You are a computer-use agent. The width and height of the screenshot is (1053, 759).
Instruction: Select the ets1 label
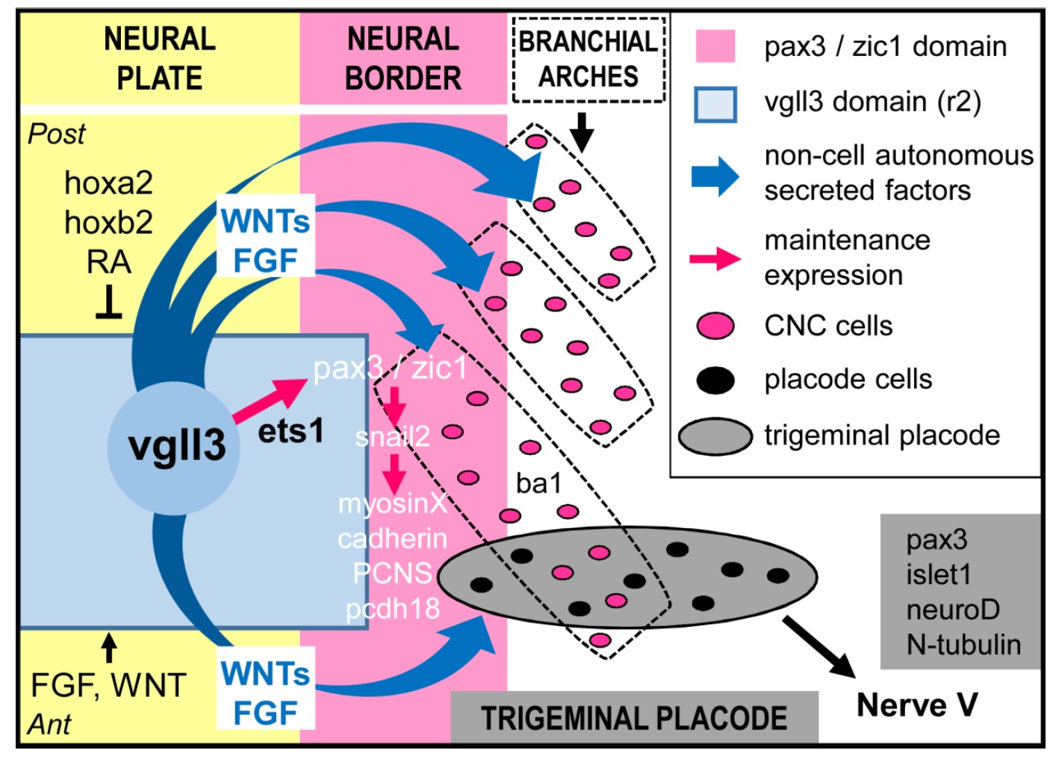(x=291, y=431)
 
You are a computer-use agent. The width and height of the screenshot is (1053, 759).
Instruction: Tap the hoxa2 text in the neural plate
(x=108, y=183)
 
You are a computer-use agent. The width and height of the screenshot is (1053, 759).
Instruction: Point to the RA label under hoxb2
(x=108, y=262)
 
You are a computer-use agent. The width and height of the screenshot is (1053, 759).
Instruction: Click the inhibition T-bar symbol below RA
(x=109, y=305)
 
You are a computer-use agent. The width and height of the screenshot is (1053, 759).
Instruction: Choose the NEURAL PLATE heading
(x=159, y=58)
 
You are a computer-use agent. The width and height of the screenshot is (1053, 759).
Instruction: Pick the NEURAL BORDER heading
(x=403, y=58)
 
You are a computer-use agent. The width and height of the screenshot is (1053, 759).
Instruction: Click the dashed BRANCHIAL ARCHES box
(x=588, y=58)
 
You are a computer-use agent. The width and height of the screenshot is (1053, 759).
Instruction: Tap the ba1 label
(x=538, y=483)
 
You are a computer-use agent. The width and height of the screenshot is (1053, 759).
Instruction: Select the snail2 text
(x=393, y=436)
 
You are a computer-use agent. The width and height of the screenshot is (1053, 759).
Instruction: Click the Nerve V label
(x=916, y=705)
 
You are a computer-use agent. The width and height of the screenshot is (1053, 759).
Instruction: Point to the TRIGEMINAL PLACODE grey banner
(x=634, y=718)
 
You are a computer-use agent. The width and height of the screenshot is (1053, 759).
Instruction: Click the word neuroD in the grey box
(x=952, y=610)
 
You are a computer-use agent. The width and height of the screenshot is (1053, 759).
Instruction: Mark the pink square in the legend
(x=715, y=46)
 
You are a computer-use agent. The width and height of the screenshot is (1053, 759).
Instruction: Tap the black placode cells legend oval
(x=715, y=379)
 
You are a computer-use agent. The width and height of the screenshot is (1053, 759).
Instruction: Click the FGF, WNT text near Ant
(x=108, y=685)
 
